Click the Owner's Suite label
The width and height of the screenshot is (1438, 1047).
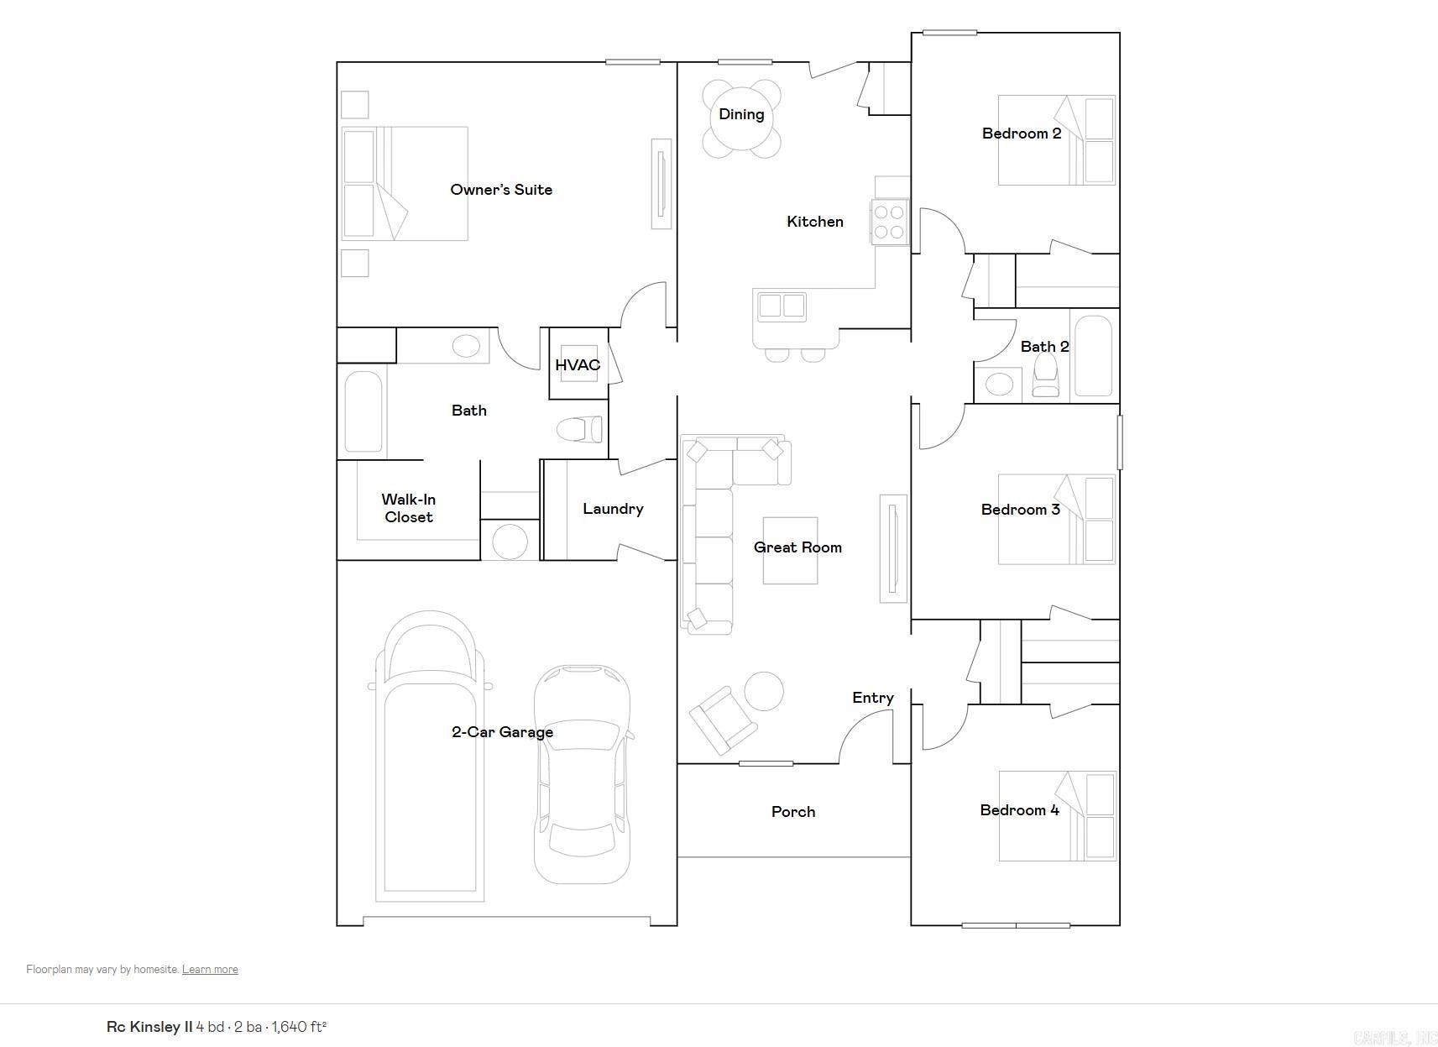point(501,190)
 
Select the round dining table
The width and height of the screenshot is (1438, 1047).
point(741,117)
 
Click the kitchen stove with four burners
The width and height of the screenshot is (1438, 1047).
point(889,222)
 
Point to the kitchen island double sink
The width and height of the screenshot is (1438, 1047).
point(782,306)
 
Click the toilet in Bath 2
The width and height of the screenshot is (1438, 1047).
point(1046,375)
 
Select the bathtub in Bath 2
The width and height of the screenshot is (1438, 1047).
point(1093,355)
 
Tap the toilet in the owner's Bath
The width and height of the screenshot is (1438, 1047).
point(580,429)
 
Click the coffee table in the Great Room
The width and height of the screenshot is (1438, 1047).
point(790,551)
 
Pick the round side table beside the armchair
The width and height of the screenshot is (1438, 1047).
point(764,692)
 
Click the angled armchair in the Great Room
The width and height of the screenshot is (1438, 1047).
point(722,720)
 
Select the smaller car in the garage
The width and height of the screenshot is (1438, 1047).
point(583,773)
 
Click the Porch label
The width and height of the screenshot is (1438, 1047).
point(793,812)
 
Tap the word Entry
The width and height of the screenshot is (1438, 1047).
point(873,698)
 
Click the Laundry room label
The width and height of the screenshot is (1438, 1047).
point(613,509)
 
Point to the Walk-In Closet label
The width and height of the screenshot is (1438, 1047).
point(409,509)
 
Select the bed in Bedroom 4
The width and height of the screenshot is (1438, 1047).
point(1058,816)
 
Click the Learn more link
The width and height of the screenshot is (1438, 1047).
point(210,969)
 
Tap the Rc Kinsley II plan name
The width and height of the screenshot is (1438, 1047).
point(149,1027)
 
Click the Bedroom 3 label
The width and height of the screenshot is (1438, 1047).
point(1020,510)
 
